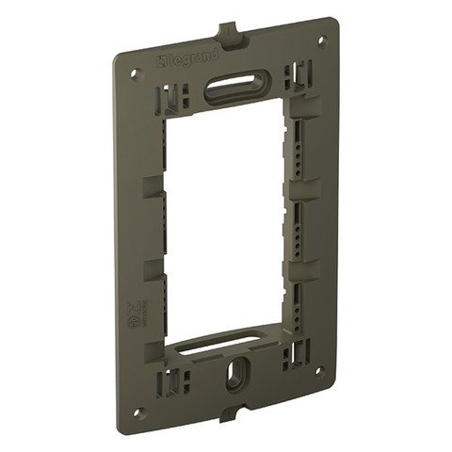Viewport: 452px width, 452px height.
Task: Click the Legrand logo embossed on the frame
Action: (186, 62)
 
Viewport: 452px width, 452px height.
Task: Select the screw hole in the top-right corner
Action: (321, 40)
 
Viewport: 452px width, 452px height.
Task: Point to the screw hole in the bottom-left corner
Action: (138, 412)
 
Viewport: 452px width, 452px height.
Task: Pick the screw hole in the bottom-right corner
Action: (322, 373)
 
